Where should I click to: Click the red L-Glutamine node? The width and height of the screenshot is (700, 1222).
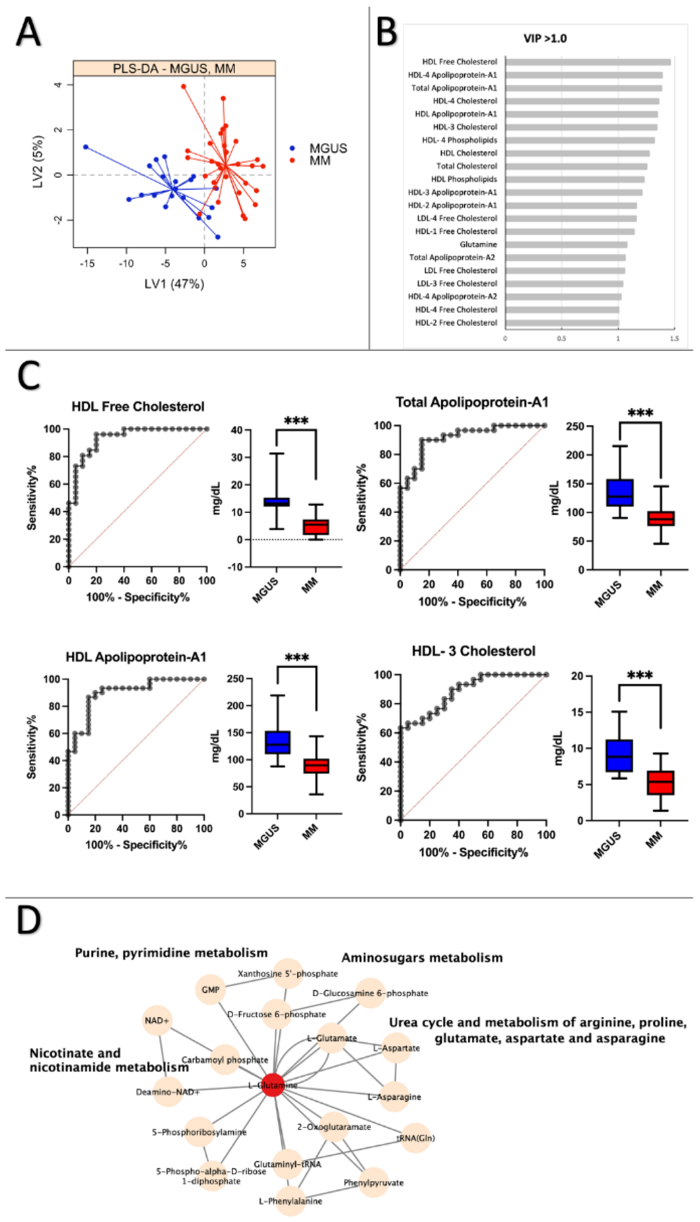273,1085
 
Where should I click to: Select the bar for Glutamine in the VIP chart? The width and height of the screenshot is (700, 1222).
566,245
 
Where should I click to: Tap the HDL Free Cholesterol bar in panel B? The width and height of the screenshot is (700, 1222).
587,62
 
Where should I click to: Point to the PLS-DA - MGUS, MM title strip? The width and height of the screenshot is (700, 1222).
174,68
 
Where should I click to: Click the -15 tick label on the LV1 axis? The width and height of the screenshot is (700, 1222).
87,264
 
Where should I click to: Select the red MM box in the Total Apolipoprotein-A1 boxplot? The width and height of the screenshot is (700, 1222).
661,518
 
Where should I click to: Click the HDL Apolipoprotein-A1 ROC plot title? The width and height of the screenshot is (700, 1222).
136,657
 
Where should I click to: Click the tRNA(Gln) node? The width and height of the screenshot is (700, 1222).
415,1138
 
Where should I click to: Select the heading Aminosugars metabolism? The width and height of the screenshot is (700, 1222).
422,958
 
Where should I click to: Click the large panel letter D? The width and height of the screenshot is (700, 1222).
28,920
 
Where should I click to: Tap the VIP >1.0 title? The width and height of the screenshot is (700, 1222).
545,38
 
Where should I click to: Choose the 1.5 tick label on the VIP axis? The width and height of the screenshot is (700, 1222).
674,339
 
